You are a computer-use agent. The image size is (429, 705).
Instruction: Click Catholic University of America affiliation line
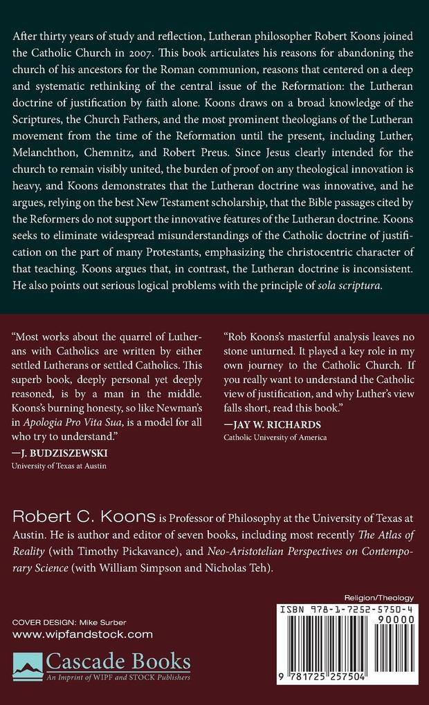[x=275, y=438]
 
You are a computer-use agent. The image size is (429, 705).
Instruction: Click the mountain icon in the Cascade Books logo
[x=28, y=665]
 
